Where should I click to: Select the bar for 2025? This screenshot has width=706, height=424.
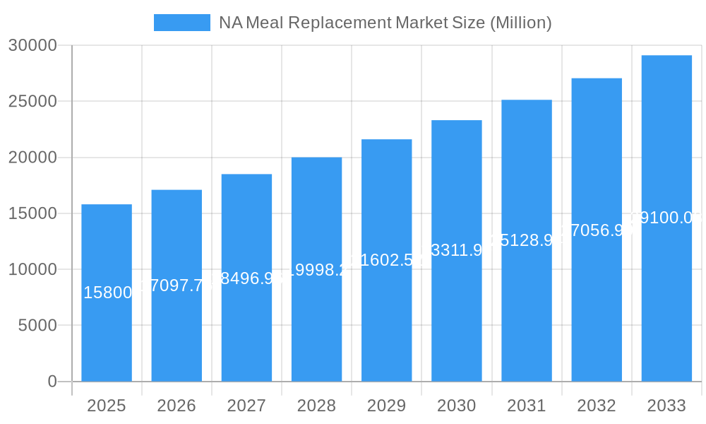(107, 332)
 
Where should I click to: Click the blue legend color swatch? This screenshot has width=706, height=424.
(181, 23)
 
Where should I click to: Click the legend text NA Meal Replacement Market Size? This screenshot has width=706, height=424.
(385, 23)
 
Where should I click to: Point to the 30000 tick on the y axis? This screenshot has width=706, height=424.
(32, 46)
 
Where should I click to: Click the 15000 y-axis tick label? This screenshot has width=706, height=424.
(32, 213)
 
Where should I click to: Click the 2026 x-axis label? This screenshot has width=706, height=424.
(176, 406)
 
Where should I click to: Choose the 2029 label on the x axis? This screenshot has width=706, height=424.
(387, 406)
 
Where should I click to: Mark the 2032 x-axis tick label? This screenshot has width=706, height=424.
(597, 406)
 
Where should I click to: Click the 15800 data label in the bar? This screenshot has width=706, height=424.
(107, 293)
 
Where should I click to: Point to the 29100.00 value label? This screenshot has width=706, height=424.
(666, 218)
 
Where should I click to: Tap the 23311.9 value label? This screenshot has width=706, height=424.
(457, 249)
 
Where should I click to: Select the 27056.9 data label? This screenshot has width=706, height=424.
(597, 230)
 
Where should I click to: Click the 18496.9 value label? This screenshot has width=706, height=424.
(246, 278)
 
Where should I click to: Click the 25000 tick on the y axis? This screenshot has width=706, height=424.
(32, 102)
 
